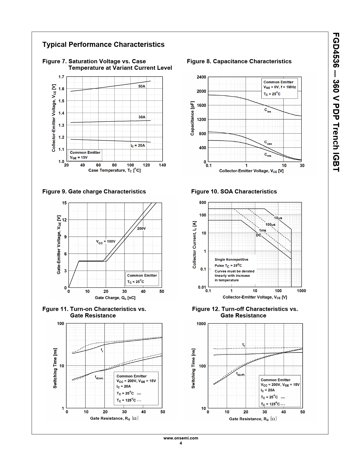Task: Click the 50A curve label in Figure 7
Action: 142,86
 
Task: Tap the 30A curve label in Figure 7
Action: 142,117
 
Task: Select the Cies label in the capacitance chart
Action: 267,110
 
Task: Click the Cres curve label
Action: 268,155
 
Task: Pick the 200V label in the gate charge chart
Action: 141,228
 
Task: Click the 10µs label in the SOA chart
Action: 278,218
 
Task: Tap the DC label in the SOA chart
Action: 259,235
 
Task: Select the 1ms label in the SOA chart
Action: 263,230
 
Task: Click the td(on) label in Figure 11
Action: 99,377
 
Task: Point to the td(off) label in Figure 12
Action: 240,374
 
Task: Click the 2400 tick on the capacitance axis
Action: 201,77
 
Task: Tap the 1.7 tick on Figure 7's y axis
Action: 61,77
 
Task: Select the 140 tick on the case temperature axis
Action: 162,165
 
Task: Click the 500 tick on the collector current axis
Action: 202,202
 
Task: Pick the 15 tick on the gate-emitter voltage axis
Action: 64,203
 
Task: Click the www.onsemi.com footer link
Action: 181,438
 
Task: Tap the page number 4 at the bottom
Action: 181,443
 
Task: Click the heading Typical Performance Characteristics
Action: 103,45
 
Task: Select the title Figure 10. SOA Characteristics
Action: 234,191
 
